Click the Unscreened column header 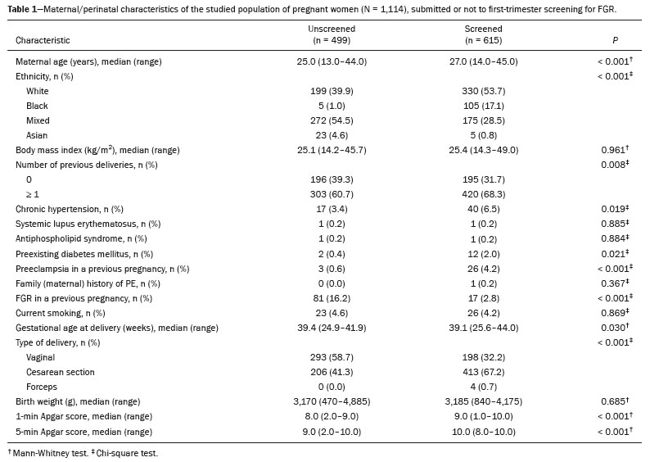[332, 34]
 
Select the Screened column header [483, 34]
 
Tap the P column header [615, 40]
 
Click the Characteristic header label [43, 40]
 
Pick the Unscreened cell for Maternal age [332, 61]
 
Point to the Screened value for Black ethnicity [483, 106]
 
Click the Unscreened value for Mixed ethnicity [332, 120]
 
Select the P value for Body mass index [615, 150]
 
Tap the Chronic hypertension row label [70, 209]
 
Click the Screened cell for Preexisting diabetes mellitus [483, 254]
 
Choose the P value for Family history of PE [615, 283]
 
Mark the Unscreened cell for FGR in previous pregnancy [332, 298]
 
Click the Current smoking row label [60, 313]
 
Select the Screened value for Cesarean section [483, 372]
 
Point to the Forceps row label [42, 387]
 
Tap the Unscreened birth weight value [332, 401]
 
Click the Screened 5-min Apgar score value [483, 432]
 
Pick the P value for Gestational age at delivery [615, 328]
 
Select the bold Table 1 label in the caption [22, 9]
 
